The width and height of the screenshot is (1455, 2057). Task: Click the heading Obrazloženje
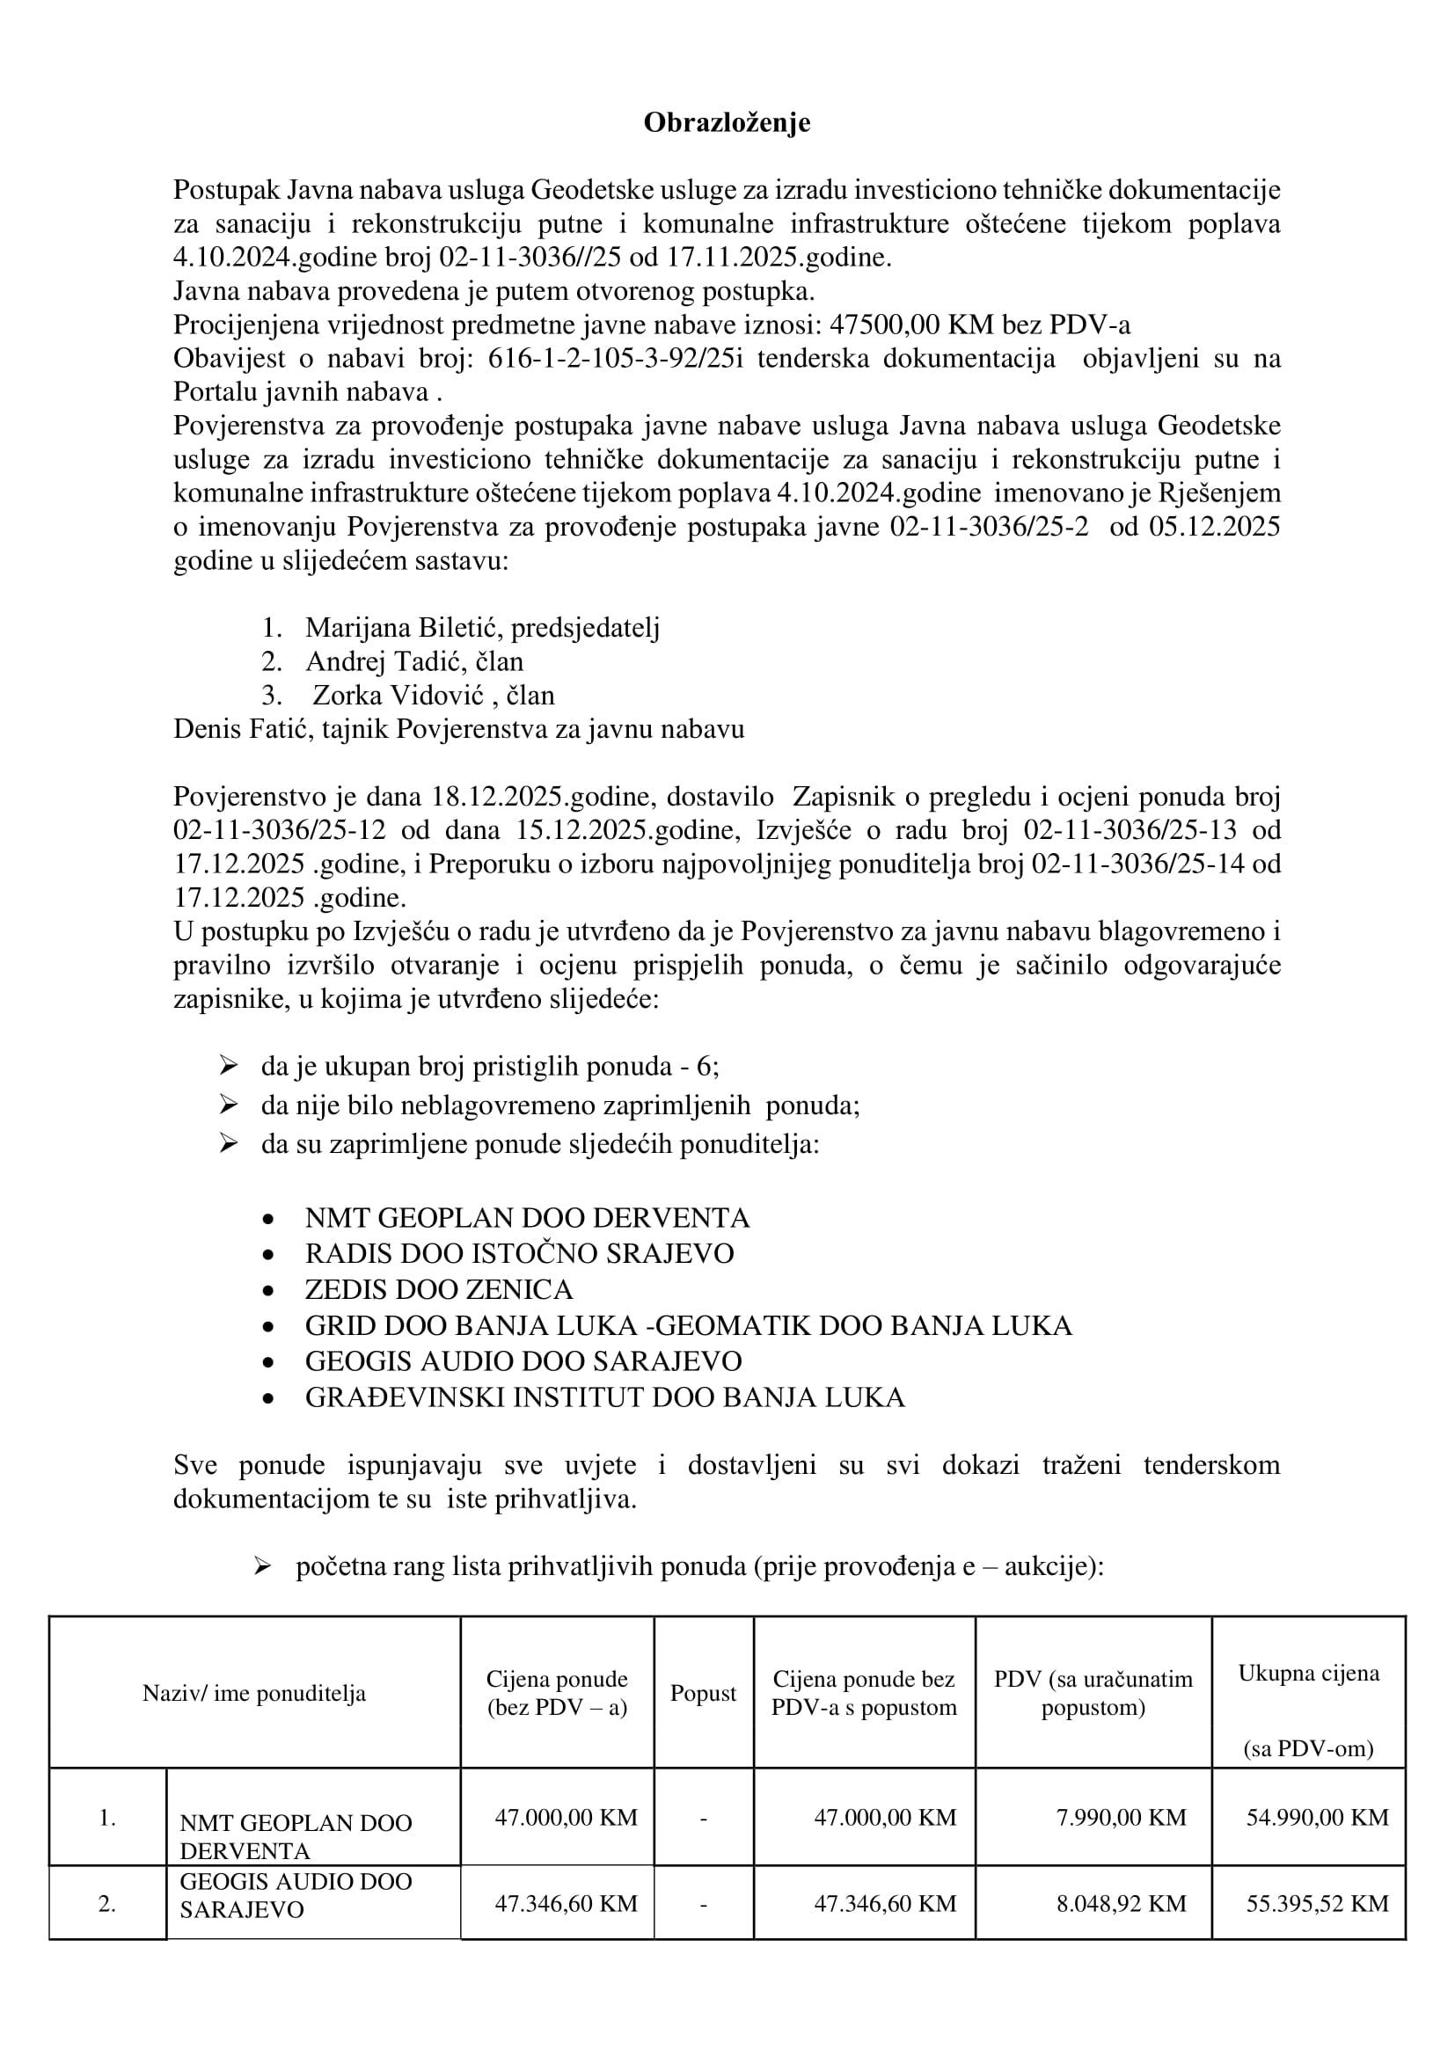coord(727,123)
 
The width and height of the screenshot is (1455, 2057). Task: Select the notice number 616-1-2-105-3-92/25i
coord(616,358)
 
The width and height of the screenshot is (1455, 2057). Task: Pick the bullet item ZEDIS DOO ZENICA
coord(438,1289)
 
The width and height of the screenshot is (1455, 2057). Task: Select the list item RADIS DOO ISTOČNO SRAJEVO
coord(519,1253)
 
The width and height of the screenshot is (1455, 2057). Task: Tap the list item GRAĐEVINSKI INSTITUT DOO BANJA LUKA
coord(604,1397)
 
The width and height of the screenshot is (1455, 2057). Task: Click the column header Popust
coord(704,1693)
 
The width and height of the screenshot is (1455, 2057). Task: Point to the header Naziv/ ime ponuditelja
coord(254,1693)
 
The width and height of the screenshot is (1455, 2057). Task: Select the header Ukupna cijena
coord(1308,1674)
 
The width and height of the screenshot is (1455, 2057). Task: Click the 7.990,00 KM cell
coord(1121,1817)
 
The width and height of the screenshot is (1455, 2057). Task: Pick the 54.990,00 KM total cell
coord(1317,1817)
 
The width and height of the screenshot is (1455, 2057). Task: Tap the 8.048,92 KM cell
coord(1121,1903)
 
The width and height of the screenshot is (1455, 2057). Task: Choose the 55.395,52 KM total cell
coord(1317,1903)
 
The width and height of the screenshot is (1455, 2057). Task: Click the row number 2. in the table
coord(107,1904)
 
